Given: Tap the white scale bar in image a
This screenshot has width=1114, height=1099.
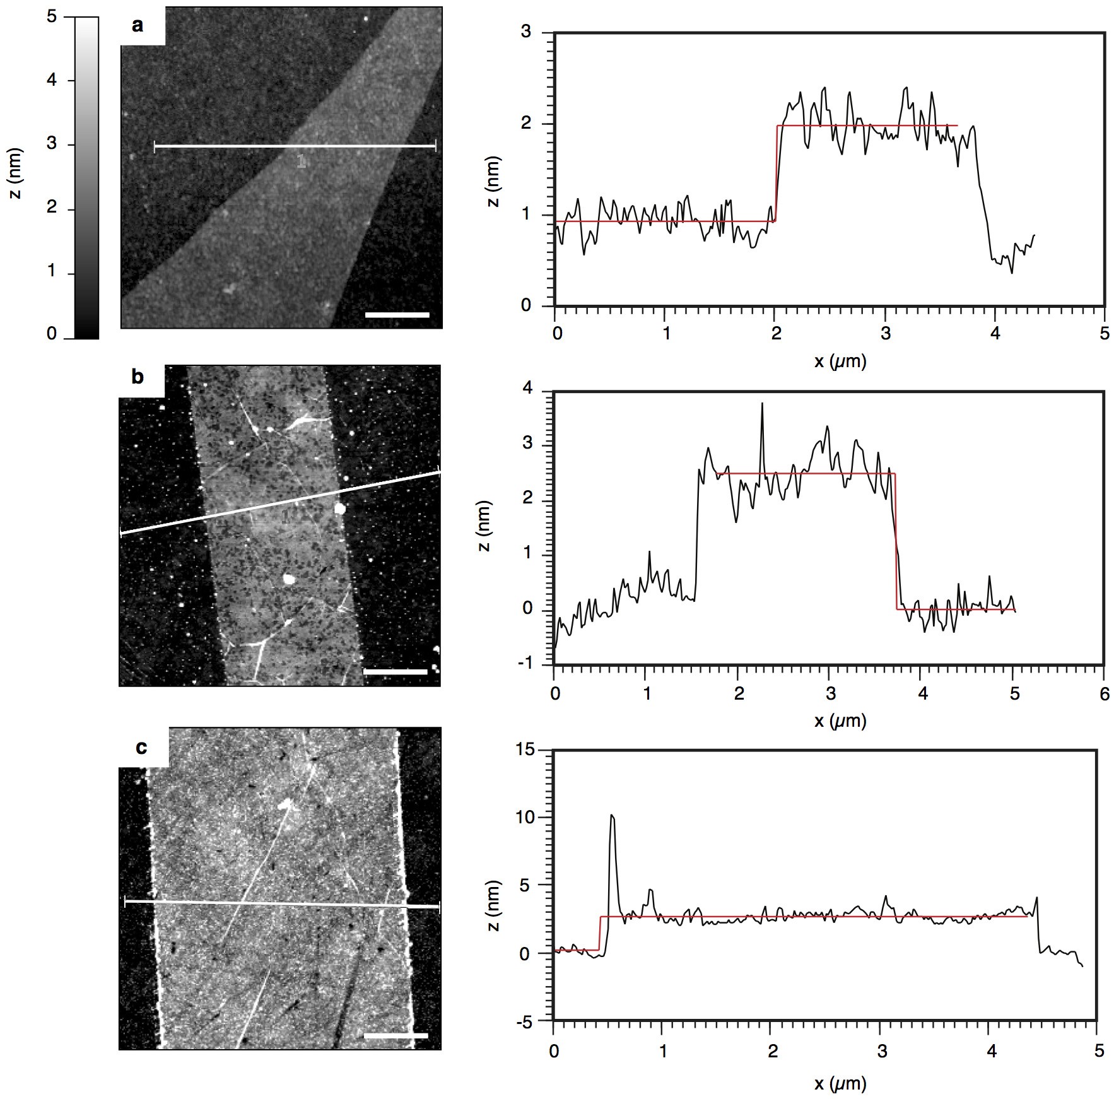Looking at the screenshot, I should click(x=397, y=314).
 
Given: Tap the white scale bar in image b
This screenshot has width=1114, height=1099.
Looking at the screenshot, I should click(x=396, y=672).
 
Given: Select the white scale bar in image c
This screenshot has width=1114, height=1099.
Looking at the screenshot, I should click(x=396, y=1035).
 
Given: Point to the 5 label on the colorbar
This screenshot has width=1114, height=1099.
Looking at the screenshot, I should click(x=52, y=16).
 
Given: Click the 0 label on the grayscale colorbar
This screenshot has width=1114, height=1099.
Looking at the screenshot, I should click(x=52, y=334).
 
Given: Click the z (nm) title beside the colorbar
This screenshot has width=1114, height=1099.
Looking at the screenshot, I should click(x=16, y=173).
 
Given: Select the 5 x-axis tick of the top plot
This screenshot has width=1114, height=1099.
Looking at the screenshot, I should click(x=1104, y=334).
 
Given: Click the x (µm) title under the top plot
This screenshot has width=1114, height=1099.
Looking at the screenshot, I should click(x=840, y=361).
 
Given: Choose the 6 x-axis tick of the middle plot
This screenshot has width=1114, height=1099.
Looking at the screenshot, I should click(x=1104, y=694).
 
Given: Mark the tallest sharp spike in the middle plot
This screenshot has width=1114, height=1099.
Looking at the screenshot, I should click(x=762, y=404).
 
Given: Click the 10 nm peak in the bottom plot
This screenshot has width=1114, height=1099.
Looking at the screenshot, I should click(x=611, y=816).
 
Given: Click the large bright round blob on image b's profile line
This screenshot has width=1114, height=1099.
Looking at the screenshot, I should click(x=340, y=508).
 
